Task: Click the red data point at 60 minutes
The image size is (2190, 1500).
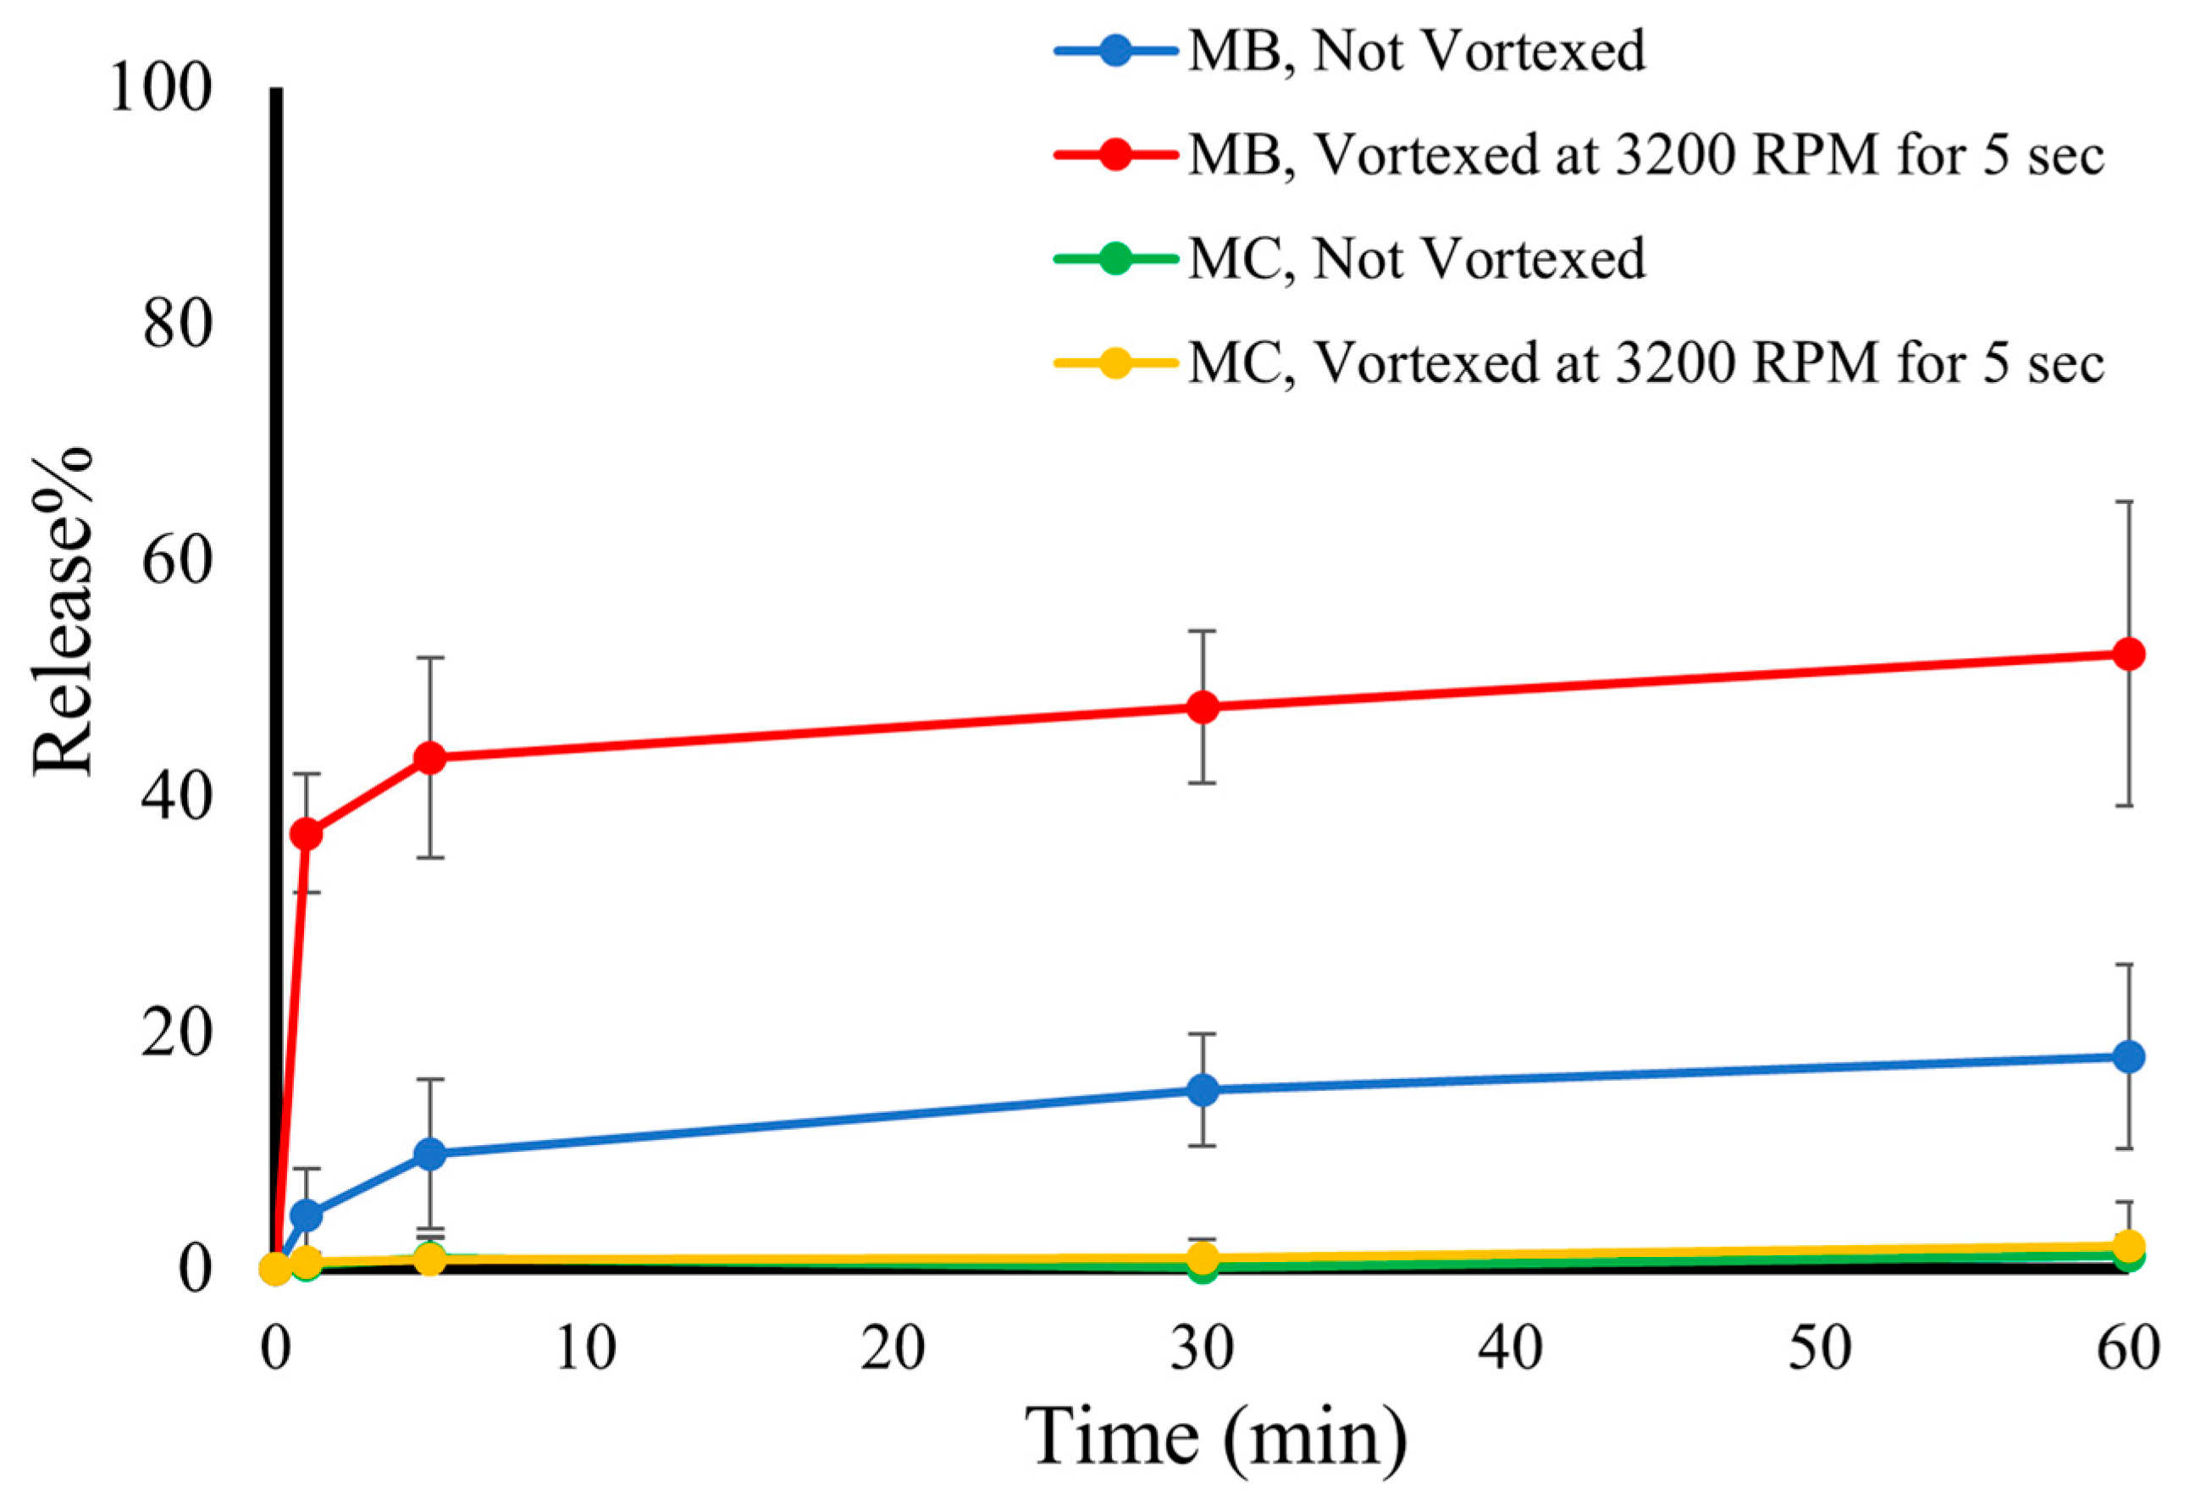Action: (2128, 654)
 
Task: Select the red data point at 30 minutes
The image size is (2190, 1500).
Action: (1203, 706)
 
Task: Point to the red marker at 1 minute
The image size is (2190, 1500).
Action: (307, 834)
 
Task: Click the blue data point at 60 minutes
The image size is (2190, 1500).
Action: (2128, 1057)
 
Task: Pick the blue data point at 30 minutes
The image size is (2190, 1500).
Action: (1203, 1090)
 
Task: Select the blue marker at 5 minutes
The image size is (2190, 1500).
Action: (429, 1154)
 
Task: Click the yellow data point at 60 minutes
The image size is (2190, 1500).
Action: (2128, 1247)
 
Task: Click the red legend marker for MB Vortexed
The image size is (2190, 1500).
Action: (1115, 154)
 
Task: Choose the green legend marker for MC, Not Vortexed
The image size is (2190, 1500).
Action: (1115, 258)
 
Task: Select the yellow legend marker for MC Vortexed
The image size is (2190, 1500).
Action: (1115, 363)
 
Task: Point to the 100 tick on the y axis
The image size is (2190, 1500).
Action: (160, 90)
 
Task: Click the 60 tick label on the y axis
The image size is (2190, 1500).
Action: (175, 562)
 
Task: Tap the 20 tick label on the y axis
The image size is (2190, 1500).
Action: (175, 1033)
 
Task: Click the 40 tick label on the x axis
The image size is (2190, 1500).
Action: (1510, 1348)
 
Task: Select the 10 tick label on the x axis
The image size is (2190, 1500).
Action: (584, 1348)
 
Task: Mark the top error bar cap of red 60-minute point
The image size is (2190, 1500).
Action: (2128, 502)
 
